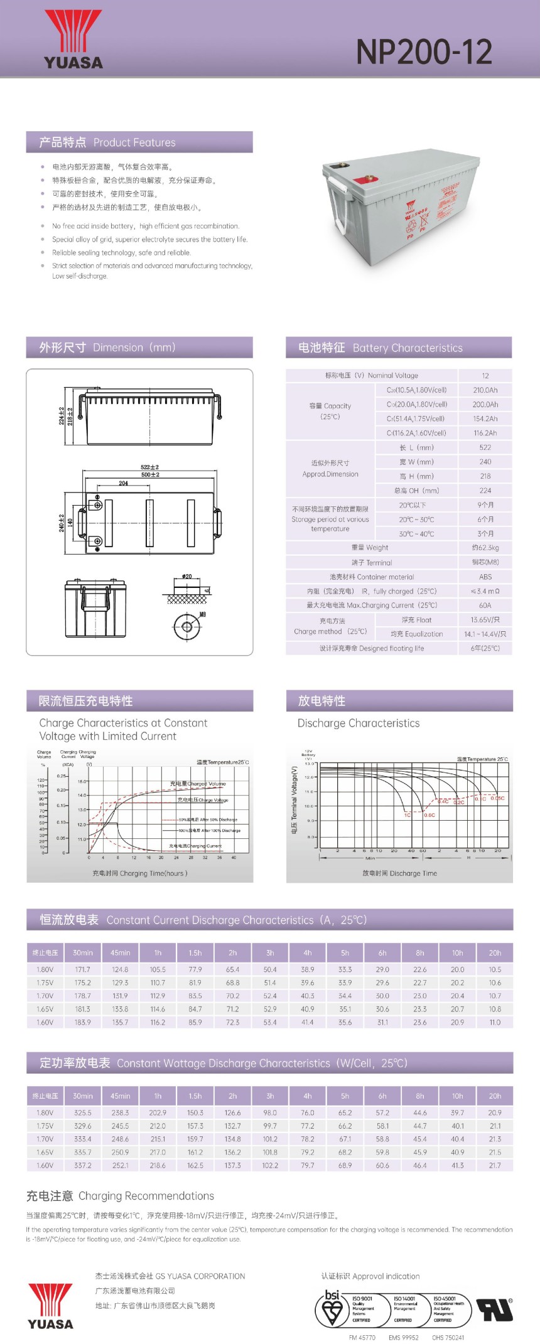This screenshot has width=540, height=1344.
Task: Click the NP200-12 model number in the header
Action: click(x=424, y=52)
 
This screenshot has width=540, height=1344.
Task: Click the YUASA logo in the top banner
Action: click(x=73, y=40)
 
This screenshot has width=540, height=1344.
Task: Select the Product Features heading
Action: click(x=107, y=142)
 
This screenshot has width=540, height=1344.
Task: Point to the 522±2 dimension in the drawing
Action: click(x=149, y=467)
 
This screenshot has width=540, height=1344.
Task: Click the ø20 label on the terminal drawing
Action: click(x=186, y=576)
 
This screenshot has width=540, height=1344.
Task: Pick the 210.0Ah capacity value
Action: click(x=485, y=390)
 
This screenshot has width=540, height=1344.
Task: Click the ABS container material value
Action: click(x=485, y=577)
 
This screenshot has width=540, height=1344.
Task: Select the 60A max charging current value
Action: click(x=485, y=605)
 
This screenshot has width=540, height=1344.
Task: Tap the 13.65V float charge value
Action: click(x=485, y=620)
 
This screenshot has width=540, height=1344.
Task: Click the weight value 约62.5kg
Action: click(x=485, y=548)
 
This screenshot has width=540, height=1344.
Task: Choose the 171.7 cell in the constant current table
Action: click(x=82, y=969)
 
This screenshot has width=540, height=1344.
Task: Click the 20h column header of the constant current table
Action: click(x=495, y=952)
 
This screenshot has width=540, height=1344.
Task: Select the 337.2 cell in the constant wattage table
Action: click(x=82, y=1165)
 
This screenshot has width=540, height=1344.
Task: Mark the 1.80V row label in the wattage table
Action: click(x=45, y=1112)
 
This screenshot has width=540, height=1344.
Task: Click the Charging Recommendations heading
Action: click(x=120, y=1196)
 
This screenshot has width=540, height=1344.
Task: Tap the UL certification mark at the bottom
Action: click(x=494, y=1310)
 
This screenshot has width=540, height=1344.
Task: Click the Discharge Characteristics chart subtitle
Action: click(x=358, y=723)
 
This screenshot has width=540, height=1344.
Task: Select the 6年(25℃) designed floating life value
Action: click(x=485, y=648)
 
